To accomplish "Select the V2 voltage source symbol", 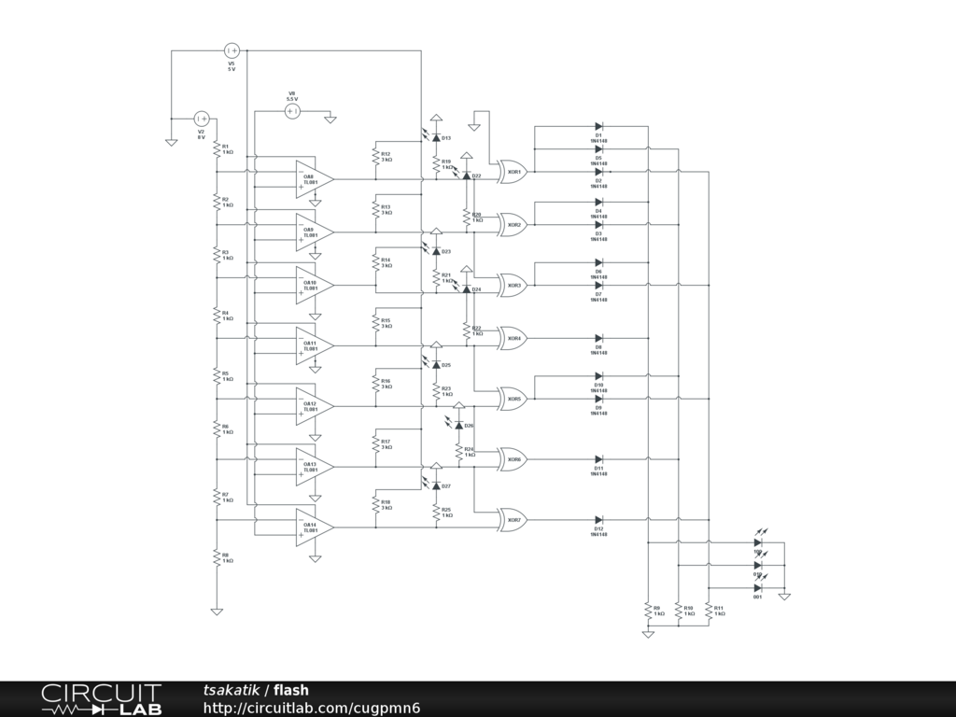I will pyautogui.click(x=201, y=119).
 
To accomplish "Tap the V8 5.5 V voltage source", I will pyautogui.click(x=291, y=111).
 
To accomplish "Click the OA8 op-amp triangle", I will pyautogui.click(x=314, y=177).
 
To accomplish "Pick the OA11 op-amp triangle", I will pyautogui.click(x=314, y=345).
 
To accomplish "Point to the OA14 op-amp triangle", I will pyautogui.click(x=314, y=527).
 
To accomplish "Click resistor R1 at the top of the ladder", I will pyautogui.click(x=217, y=149).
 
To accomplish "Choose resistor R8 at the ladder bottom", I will pyautogui.click(x=217, y=557).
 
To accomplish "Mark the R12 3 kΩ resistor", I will pyautogui.click(x=375, y=156).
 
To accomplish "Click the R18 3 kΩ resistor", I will pyautogui.click(x=375, y=505).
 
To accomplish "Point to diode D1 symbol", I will pyautogui.click(x=598, y=126).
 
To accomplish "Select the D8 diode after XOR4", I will pyautogui.click(x=598, y=339).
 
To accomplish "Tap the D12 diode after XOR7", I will pyautogui.click(x=598, y=520).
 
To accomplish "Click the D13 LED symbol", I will pyautogui.click(x=436, y=137).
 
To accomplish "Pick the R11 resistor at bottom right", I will pyautogui.click(x=709, y=611).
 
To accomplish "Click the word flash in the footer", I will pyautogui.click(x=291, y=691).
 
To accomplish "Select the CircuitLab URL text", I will pyautogui.click(x=312, y=709).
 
